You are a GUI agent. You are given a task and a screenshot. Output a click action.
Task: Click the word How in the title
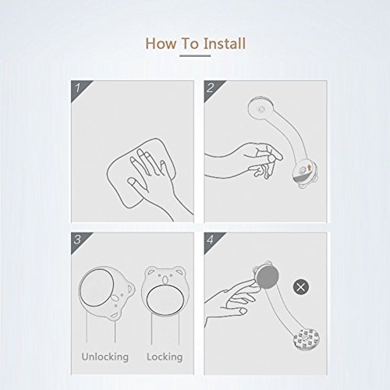(x=161, y=43)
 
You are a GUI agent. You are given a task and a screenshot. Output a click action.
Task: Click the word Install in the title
(x=225, y=43)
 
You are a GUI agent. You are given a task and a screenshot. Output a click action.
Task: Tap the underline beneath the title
(x=195, y=55)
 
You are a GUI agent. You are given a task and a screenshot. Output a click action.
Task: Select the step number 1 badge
(x=80, y=89)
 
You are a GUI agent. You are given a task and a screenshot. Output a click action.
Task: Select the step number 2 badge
(x=212, y=89)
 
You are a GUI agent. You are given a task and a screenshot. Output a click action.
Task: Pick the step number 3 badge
(x=80, y=241)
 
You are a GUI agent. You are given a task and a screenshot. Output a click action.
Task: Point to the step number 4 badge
(x=212, y=241)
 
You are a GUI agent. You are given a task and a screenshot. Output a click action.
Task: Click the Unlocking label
(x=105, y=356)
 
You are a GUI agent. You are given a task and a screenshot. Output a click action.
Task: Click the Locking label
(x=165, y=356)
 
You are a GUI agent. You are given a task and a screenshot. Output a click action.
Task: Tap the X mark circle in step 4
(x=301, y=287)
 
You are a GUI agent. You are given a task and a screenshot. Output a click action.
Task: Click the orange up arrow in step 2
(x=310, y=168)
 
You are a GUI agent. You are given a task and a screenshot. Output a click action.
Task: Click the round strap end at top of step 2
(x=261, y=109)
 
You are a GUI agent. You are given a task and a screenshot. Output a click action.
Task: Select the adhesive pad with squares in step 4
(x=307, y=339)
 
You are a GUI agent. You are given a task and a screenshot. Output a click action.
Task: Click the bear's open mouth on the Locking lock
(x=165, y=280)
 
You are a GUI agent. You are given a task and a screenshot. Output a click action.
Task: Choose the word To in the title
(x=190, y=43)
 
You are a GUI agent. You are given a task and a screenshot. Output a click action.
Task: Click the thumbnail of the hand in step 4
(x=243, y=310)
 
